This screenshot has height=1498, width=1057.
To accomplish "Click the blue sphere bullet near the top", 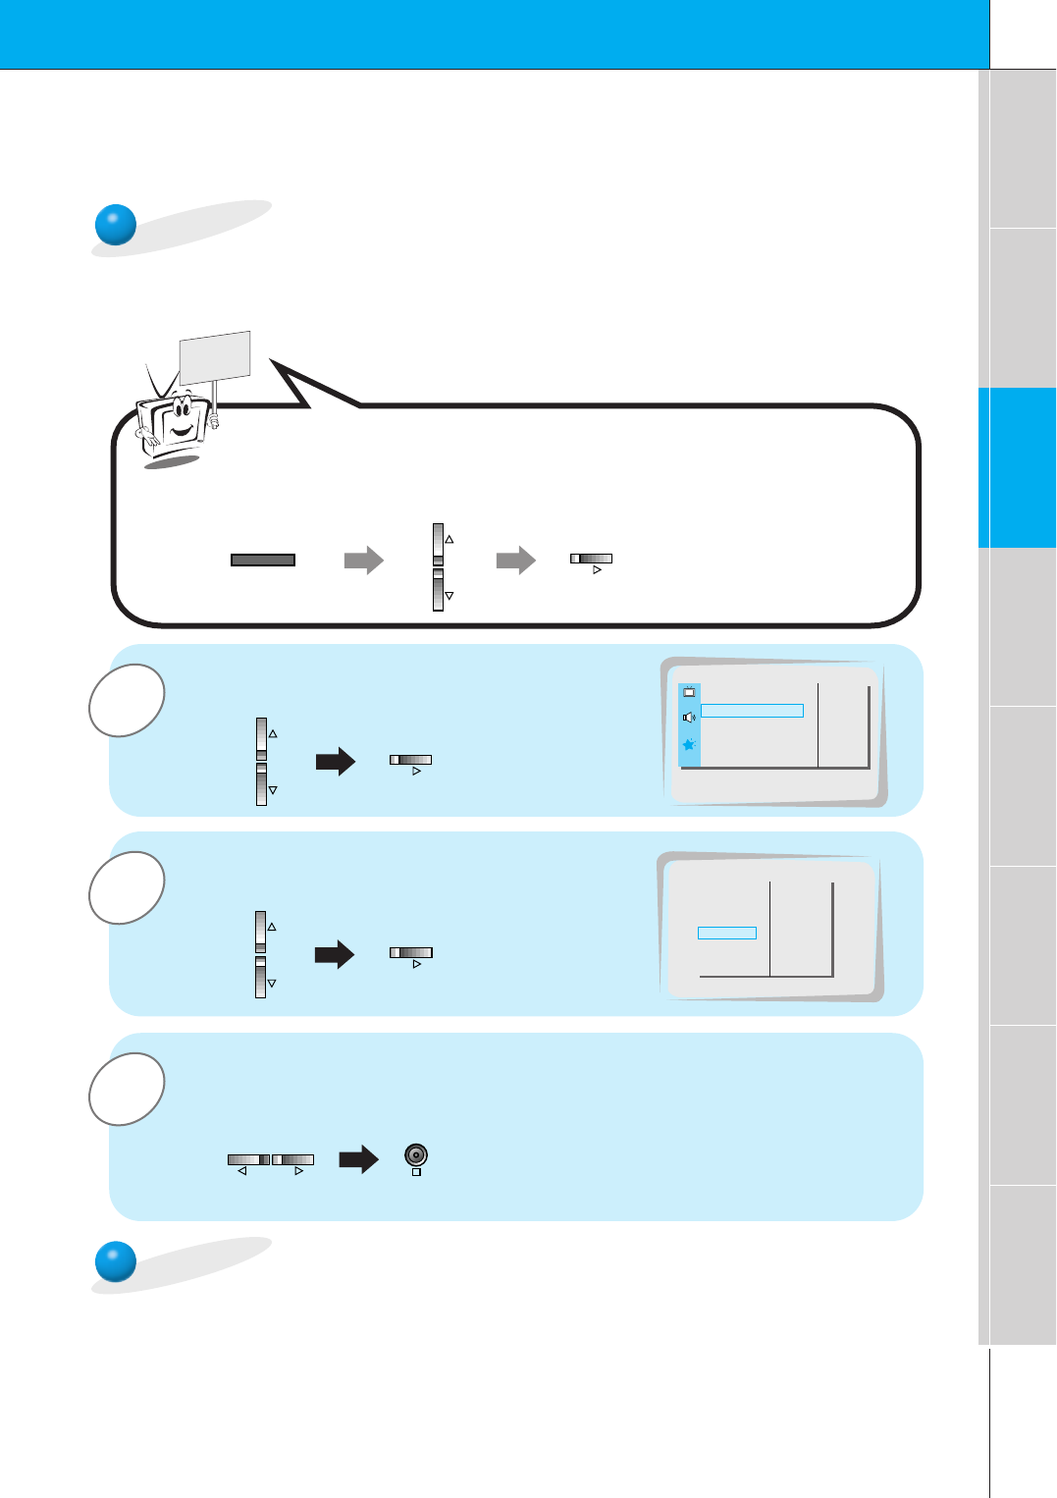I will (x=115, y=225).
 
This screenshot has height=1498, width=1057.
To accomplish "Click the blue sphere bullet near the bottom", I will (x=115, y=1261).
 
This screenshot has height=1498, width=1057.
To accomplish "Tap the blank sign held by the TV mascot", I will (x=215, y=355).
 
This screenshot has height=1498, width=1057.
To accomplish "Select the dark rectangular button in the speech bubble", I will (x=263, y=560).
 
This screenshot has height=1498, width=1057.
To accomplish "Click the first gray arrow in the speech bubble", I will (x=363, y=561).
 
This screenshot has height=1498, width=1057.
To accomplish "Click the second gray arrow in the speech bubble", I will (x=515, y=561).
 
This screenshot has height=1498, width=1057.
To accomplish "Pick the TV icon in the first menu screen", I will (x=689, y=692).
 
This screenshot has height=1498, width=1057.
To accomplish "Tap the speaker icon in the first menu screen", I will (x=689, y=718).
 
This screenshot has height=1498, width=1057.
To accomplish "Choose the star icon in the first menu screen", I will (x=689, y=745).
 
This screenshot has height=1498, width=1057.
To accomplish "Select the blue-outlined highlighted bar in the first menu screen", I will (x=752, y=711).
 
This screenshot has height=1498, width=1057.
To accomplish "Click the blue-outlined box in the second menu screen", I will (x=726, y=933).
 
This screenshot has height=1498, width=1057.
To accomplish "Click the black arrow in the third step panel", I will (x=358, y=1159).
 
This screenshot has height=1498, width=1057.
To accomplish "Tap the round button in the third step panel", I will (x=416, y=1155).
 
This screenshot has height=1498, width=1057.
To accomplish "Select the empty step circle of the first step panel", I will (x=127, y=701).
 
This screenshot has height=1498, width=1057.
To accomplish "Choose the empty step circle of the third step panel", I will (x=127, y=1089).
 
